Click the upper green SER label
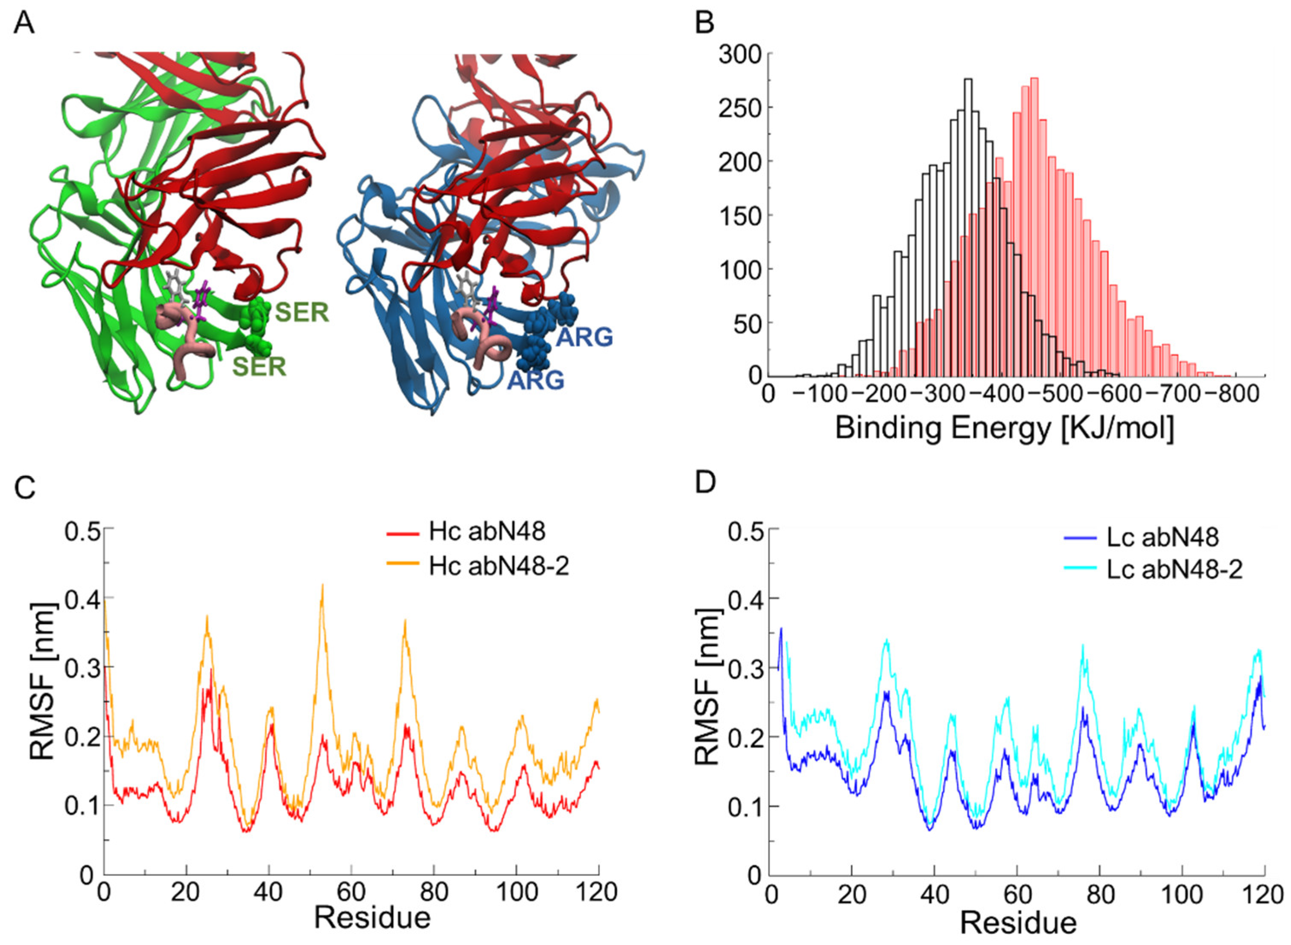(301, 312)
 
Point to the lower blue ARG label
(536, 379)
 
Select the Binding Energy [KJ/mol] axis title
(1004, 428)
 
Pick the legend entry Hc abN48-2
(498, 566)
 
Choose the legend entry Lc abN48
(1162, 537)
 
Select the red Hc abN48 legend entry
(486, 532)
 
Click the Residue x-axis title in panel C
(372, 918)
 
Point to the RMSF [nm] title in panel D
(708, 686)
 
